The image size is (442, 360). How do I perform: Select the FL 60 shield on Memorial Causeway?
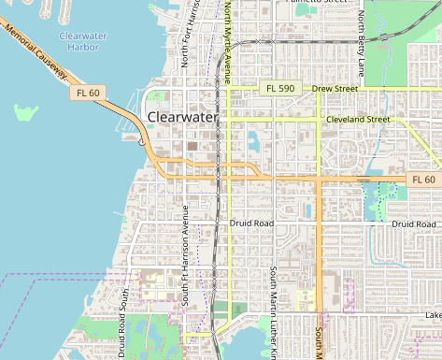point(88,94)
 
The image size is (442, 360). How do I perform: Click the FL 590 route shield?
point(279,89)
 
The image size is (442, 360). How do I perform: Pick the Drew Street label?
point(335,89)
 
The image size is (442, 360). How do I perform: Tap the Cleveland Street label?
point(358,120)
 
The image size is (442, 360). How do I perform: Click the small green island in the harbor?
point(27,113)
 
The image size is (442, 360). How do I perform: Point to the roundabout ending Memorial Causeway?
point(143,143)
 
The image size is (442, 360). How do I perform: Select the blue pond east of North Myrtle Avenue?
point(253,143)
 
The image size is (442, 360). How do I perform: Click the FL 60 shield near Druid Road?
point(423,180)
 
